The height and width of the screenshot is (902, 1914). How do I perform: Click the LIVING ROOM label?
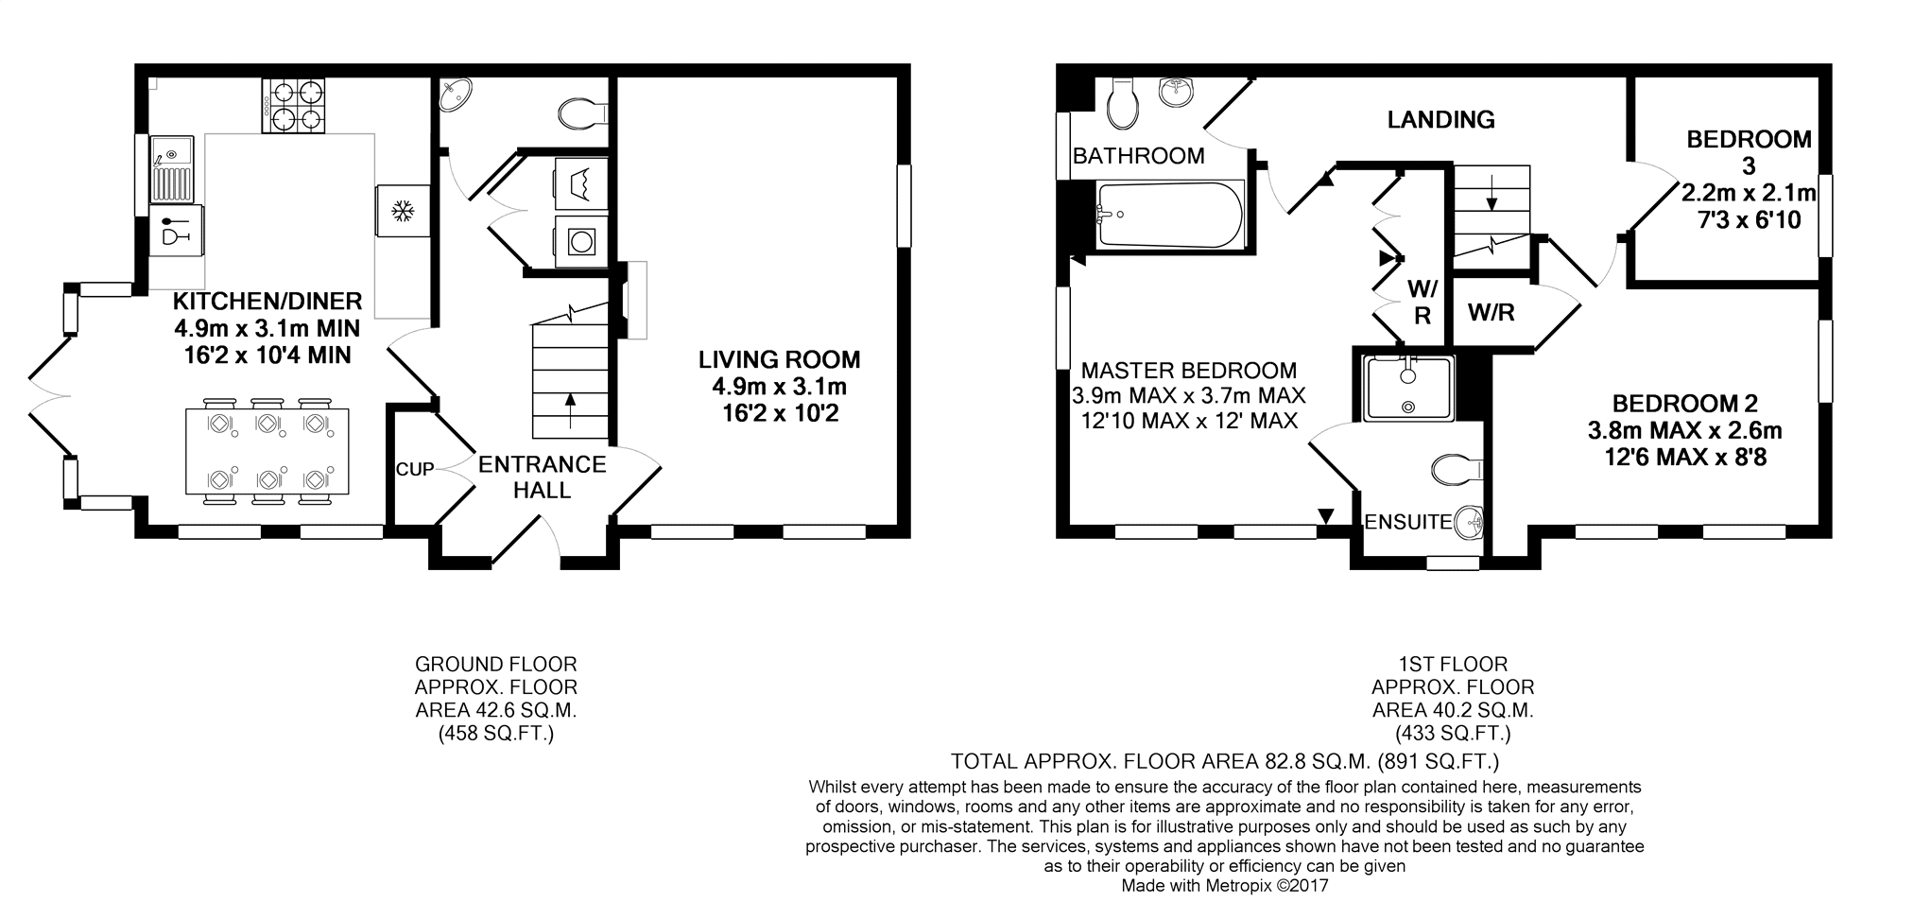pos(780,359)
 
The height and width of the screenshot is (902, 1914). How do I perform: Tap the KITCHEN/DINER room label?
pos(267,302)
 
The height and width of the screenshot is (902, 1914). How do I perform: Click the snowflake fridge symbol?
pos(403,210)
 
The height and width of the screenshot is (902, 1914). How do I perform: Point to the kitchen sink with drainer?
pos(171,169)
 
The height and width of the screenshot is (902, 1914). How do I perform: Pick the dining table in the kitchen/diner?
pos(267,451)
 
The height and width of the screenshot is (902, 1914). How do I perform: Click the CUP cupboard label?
pos(415,470)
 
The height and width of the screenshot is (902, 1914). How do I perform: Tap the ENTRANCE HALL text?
pos(543,477)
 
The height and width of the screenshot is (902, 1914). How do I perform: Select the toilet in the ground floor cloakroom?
pos(581,114)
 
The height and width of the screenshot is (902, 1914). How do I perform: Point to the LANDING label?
pos(1440,119)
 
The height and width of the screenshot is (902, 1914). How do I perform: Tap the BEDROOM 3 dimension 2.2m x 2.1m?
pos(1749,194)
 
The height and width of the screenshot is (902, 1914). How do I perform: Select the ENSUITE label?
pos(1407,522)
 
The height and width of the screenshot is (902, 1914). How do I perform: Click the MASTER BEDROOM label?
pos(1189,371)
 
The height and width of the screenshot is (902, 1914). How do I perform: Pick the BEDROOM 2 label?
pos(1685,404)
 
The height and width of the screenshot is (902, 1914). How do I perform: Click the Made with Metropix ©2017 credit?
pos(1225,886)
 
